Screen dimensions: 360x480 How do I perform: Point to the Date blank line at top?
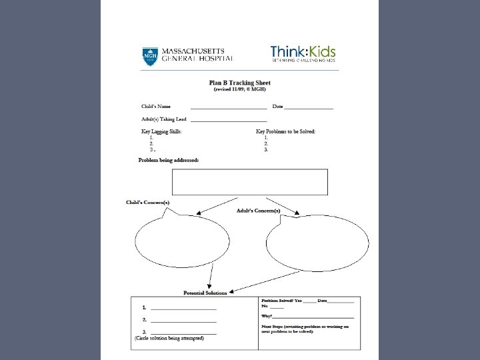(309, 107)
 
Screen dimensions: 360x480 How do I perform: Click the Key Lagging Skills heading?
(161, 131)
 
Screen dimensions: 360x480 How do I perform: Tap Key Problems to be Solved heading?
(285, 131)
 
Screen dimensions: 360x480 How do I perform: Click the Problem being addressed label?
(168, 160)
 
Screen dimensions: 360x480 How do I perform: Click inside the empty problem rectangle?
(250, 181)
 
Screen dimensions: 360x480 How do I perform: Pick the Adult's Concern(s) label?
(259, 211)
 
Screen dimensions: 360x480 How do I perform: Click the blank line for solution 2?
(183, 320)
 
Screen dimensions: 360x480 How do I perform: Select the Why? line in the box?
(307, 315)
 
